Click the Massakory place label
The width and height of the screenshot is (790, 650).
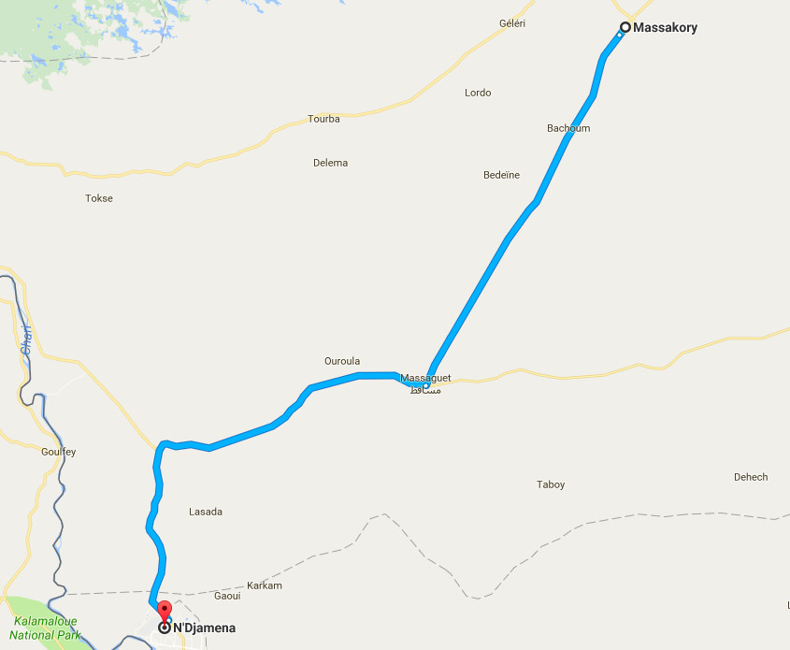(665, 28)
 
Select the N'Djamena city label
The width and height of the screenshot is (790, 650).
(204, 628)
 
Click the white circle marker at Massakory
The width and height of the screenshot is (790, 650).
(625, 27)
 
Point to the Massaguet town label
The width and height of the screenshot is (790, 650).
(425, 378)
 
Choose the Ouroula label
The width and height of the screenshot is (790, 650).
(341, 361)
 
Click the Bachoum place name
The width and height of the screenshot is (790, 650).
(568, 128)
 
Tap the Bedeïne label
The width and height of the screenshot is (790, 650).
(501, 175)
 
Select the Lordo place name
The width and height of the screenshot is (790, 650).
(478, 93)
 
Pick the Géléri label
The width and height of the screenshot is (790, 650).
(512, 23)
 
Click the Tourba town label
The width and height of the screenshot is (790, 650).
(323, 119)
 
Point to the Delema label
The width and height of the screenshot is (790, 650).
(330, 163)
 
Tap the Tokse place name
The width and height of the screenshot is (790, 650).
(99, 198)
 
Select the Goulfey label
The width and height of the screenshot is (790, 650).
(59, 452)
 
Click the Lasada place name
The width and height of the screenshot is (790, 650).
(206, 512)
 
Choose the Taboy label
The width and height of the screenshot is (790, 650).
(551, 484)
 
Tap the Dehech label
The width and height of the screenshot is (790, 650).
(751, 477)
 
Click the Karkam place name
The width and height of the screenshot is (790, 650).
(265, 585)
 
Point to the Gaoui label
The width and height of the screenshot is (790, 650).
(227, 596)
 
